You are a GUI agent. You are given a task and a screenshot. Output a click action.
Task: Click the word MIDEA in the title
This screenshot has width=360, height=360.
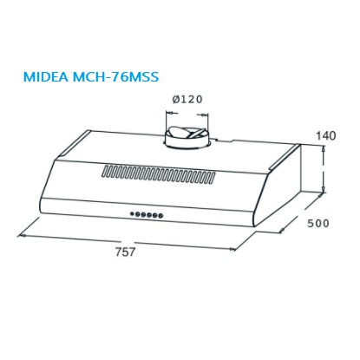point(46,77)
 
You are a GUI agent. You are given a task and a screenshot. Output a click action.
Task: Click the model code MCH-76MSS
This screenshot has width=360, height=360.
point(116,77)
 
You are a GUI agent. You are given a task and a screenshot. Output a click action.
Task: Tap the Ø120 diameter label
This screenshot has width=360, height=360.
point(187,99)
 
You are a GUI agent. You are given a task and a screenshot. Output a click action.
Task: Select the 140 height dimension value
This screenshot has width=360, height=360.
point(326,135)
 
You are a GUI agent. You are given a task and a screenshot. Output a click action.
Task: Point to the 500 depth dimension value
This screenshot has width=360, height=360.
point(318,223)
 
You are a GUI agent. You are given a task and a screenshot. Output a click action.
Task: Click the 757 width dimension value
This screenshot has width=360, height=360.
point(125,252)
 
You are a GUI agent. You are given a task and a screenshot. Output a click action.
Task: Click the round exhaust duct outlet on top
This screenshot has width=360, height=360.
point(186,138)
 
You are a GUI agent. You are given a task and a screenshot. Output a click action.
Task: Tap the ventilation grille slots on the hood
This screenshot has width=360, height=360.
point(159,174)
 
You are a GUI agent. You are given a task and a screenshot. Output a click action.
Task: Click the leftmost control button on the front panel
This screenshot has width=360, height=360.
point(132,214)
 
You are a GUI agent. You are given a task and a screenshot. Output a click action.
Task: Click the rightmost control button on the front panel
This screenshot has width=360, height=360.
point(160,215)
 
